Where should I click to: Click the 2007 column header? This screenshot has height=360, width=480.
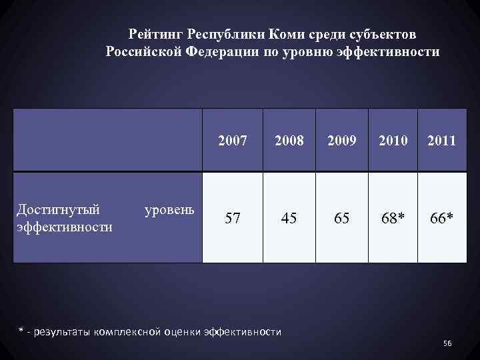click(233, 141)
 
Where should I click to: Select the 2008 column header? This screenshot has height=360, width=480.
click(289, 141)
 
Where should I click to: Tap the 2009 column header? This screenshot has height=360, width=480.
click(342, 141)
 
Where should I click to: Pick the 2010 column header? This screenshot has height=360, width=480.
click(392, 141)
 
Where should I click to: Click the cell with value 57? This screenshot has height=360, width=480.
click(233, 218)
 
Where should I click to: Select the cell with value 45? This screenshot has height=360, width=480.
click(289, 218)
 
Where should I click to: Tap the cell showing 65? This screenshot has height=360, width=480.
click(342, 218)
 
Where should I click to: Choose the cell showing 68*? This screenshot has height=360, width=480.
click(392, 218)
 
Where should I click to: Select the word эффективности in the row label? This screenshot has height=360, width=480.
click(63, 227)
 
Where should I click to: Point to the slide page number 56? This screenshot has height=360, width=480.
click(447, 343)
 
